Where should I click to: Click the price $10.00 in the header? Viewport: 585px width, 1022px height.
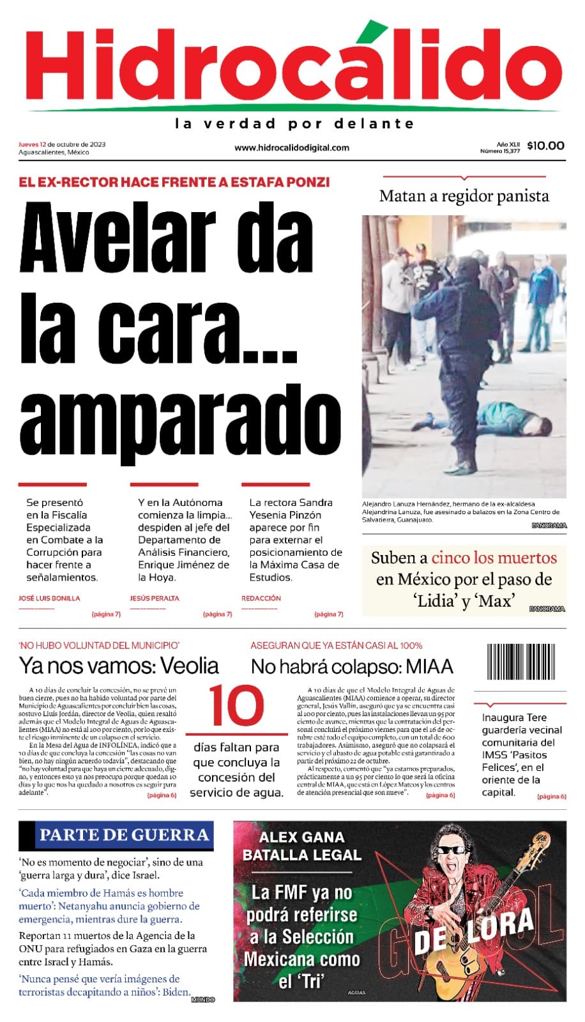pyautogui.click(x=545, y=146)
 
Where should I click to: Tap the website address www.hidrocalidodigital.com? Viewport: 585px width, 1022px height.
pyautogui.click(x=292, y=148)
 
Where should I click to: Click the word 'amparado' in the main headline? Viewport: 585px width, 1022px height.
pyautogui.click(x=181, y=420)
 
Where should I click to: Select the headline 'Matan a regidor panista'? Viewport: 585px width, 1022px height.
pyautogui.click(x=464, y=196)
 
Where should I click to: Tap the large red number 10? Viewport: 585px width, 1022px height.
pyautogui.click(x=236, y=705)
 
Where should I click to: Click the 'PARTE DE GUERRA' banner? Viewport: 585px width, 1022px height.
pyautogui.click(x=124, y=835)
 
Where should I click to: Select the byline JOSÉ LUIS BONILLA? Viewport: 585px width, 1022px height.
pyautogui.click(x=49, y=599)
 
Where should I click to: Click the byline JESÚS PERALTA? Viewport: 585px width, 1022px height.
pyautogui.click(x=155, y=599)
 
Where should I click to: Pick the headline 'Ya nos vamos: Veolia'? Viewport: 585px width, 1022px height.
pyautogui.click(x=119, y=666)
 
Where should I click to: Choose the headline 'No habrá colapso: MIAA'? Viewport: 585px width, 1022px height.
pyautogui.click(x=352, y=666)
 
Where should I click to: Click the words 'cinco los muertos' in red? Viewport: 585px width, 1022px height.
pyautogui.click(x=494, y=558)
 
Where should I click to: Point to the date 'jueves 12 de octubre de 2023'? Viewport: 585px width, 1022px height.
pyautogui.click(x=62, y=144)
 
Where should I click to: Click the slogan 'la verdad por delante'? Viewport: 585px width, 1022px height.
pyautogui.click(x=294, y=123)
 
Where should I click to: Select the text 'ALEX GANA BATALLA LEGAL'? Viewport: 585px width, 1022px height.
pyautogui.click(x=302, y=846)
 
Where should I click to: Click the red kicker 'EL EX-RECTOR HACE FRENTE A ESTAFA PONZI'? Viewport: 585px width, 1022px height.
pyautogui.click(x=174, y=182)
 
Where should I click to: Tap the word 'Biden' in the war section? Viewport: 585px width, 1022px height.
pyautogui.click(x=176, y=992)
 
